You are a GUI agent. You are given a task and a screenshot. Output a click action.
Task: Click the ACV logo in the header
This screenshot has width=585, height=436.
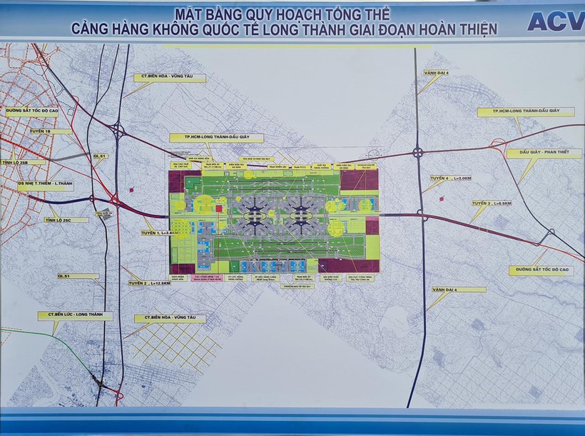tap(555, 21)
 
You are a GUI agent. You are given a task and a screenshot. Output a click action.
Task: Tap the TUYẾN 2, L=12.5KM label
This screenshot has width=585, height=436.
tap(151, 283)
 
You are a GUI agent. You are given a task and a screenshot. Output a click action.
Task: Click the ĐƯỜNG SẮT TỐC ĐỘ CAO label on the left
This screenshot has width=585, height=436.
tap(36, 111)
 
